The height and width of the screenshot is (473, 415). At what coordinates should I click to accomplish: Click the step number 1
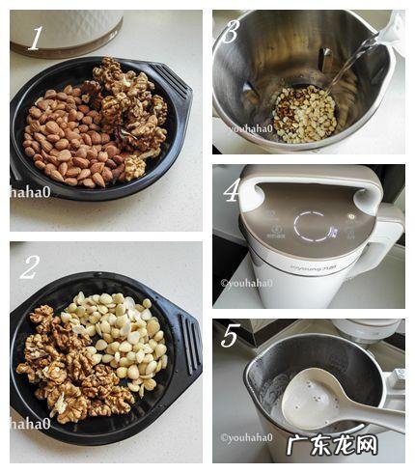(36, 38)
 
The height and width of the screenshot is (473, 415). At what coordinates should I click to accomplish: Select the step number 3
(230, 31)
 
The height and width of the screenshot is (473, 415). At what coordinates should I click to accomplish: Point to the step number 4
(232, 189)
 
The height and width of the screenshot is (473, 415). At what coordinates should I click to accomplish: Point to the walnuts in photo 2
(68, 372)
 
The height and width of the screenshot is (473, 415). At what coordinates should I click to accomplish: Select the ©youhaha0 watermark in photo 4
(246, 284)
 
